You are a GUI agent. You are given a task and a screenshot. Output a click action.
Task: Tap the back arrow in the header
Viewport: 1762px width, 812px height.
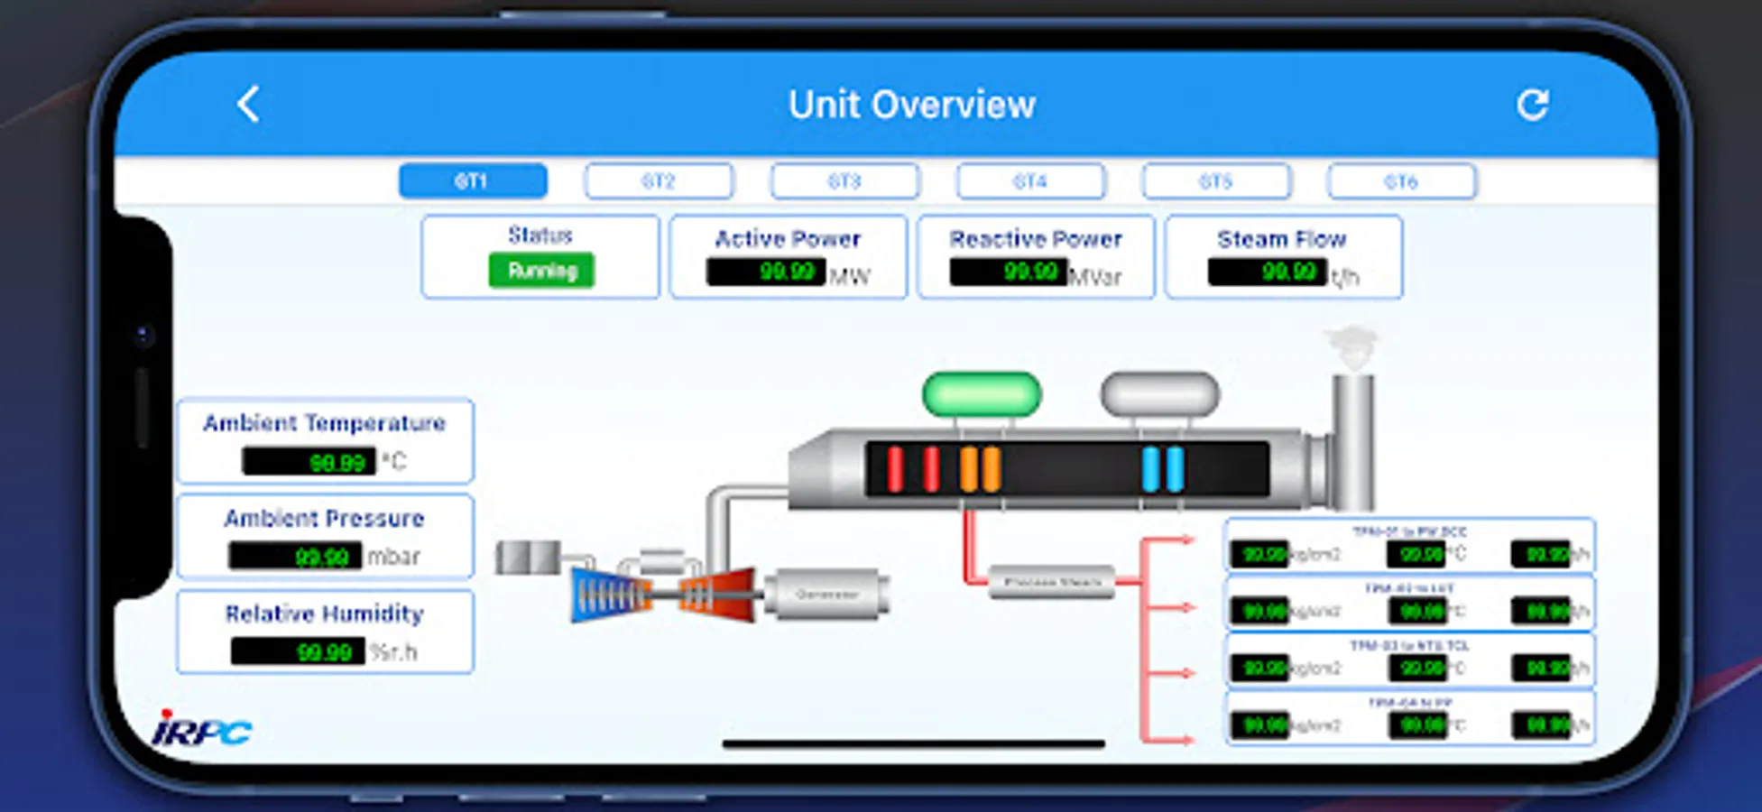(x=248, y=105)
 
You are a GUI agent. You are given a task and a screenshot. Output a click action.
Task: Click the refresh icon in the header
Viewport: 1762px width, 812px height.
(x=1532, y=105)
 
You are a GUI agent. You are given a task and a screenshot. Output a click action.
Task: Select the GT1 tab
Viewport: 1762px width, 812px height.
(x=473, y=180)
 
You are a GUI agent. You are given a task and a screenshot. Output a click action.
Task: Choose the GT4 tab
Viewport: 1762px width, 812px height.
(x=1030, y=180)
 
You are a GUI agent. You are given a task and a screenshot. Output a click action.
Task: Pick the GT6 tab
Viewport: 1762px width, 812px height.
(x=1401, y=180)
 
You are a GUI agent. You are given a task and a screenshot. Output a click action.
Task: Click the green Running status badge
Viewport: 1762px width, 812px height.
(x=541, y=271)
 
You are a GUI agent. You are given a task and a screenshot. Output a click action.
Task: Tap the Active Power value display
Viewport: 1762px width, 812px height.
(x=765, y=272)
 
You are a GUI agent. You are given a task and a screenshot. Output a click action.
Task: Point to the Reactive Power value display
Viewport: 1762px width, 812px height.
(x=1009, y=272)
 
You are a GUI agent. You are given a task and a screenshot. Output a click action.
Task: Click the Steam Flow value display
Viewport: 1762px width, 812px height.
(x=1268, y=272)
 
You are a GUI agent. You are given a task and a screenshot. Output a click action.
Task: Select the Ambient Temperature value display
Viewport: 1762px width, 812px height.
(x=309, y=462)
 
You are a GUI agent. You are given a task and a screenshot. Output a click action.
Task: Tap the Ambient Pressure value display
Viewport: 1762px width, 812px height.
(x=295, y=556)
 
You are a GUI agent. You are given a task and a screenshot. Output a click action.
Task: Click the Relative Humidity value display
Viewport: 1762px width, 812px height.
(x=298, y=651)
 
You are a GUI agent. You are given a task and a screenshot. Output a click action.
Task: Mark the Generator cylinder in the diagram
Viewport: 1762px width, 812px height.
(x=826, y=595)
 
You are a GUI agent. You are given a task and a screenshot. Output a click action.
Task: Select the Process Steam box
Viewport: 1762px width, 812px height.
(x=1052, y=583)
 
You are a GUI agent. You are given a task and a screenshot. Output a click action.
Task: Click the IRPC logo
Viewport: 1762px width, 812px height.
(x=202, y=729)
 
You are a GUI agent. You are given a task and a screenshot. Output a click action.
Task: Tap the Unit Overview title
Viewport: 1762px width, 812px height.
(x=911, y=105)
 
